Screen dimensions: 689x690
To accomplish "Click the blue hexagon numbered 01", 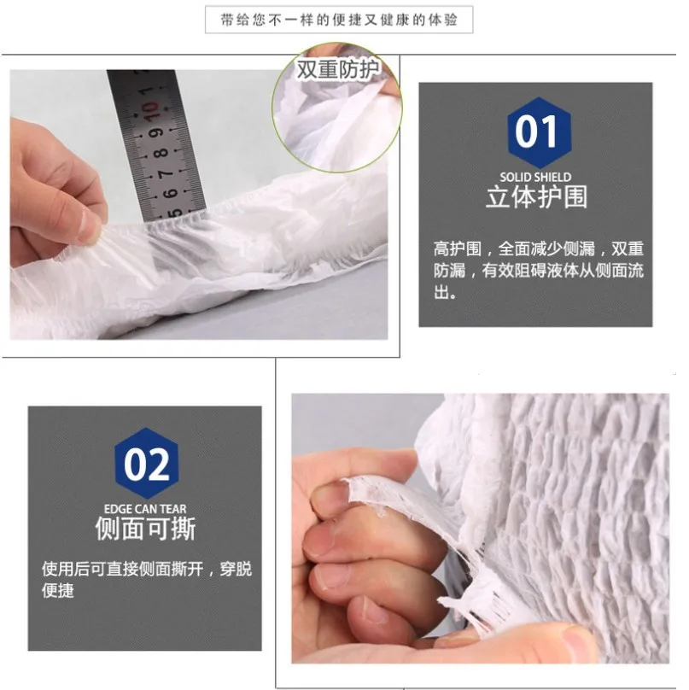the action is click(539, 133).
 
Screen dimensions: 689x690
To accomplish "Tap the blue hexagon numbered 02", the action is click(147, 465).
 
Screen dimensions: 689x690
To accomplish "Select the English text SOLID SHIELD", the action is click(535, 178).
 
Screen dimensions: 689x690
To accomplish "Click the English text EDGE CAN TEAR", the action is click(145, 509).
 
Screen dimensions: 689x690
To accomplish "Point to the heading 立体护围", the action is click(537, 196).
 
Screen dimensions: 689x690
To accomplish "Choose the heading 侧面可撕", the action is click(145, 528).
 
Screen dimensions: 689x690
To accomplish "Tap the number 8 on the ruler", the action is click(161, 153).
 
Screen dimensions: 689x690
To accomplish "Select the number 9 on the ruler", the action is click(156, 132).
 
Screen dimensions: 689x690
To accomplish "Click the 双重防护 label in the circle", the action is click(337, 69).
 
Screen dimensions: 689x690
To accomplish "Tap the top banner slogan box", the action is click(339, 20).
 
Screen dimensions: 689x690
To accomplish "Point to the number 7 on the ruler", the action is click(166, 174).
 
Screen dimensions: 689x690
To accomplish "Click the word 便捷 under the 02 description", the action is click(58, 590).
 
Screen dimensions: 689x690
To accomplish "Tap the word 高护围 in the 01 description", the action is click(458, 249).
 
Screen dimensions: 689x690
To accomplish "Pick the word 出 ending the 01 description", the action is click(441, 292).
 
